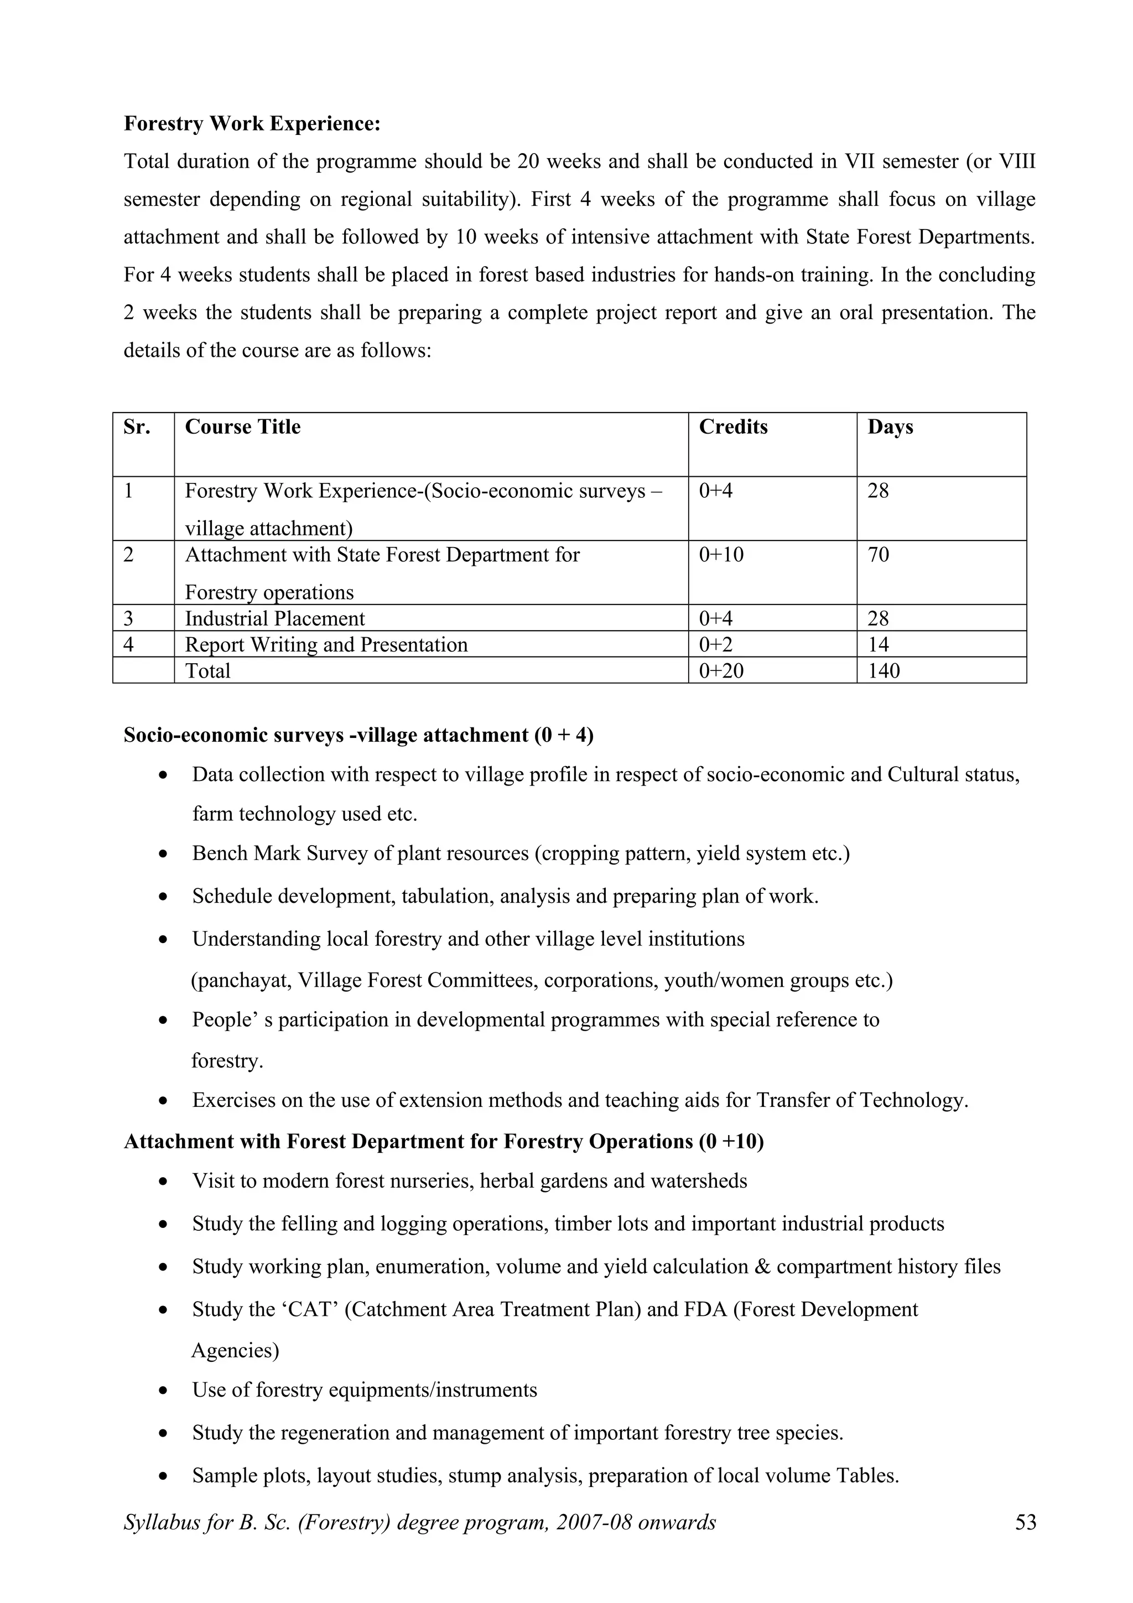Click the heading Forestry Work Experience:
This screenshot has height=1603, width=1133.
point(252,123)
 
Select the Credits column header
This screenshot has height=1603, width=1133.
point(733,426)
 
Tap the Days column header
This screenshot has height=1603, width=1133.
point(890,426)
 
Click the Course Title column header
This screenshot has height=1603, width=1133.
point(242,426)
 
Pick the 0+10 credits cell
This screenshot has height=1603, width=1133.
point(721,555)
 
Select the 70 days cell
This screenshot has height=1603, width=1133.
point(878,555)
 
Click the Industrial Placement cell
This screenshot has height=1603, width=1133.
point(274,618)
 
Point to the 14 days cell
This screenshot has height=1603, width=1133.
point(878,644)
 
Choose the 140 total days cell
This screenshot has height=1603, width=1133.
point(884,671)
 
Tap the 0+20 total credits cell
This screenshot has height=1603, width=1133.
point(721,671)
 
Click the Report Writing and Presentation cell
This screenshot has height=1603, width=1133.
point(326,644)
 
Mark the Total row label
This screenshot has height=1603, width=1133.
point(207,671)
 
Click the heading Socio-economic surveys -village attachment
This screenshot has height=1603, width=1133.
point(358,735)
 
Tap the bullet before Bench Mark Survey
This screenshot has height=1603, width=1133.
point(163,854)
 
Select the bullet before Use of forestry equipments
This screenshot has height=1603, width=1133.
point(163,1390)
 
